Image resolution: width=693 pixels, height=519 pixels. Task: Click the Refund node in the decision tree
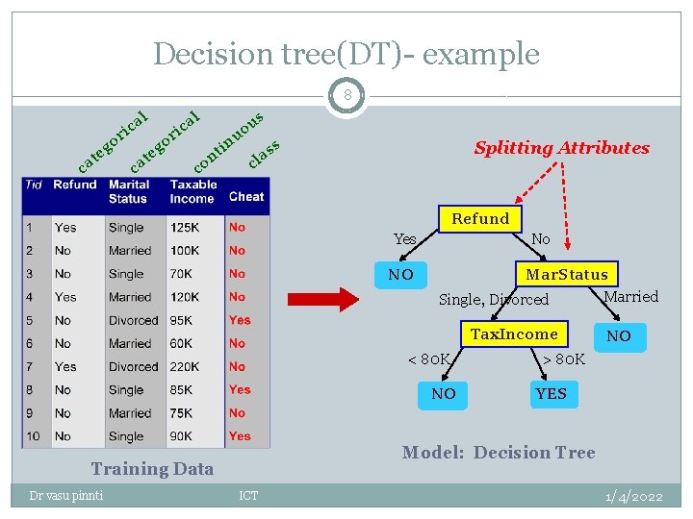480,219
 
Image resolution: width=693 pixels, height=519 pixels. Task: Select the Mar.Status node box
566,275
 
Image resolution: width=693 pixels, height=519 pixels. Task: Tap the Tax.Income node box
514,334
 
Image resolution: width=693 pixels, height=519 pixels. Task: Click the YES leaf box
552,394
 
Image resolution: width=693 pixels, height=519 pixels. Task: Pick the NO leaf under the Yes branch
400,275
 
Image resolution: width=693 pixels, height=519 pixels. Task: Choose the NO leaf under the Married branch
619,336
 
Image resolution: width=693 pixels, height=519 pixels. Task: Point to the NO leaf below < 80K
444,394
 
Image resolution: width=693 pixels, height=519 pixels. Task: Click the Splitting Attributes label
561,148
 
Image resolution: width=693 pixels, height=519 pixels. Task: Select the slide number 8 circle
346,96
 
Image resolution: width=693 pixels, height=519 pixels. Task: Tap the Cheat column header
246,196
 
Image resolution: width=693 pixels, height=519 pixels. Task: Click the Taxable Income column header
193,191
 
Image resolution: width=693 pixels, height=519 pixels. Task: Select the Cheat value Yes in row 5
240,320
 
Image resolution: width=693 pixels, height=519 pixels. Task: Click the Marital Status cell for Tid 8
126,389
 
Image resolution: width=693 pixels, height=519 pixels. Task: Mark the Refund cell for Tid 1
65,228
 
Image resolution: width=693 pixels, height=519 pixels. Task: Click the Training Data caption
152,469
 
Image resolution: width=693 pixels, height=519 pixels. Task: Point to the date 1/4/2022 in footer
633,496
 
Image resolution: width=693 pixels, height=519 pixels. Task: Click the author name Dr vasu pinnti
66,495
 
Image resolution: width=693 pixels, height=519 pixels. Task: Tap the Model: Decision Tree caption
499,452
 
